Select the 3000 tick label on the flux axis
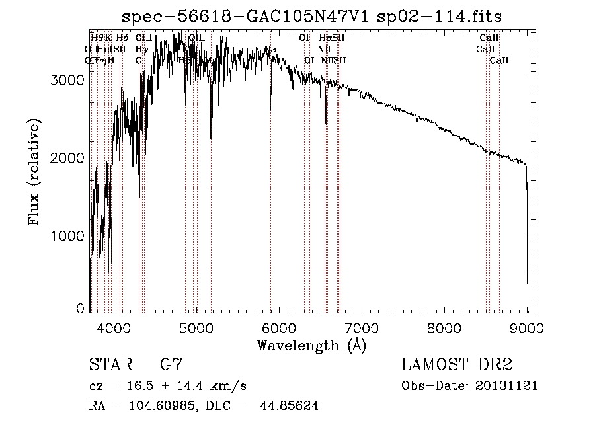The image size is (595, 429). (68, 79)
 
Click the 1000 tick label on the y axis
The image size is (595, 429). (68, 236)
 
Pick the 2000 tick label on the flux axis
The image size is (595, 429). (68, 157)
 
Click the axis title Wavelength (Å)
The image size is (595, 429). (311, 345)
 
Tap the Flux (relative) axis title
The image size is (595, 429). (34, 172)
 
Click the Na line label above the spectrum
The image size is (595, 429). (270, 49)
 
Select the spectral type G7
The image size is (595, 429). (171, 365)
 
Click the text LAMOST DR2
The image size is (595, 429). (457, 365)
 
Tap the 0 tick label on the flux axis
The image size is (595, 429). (80, 309)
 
